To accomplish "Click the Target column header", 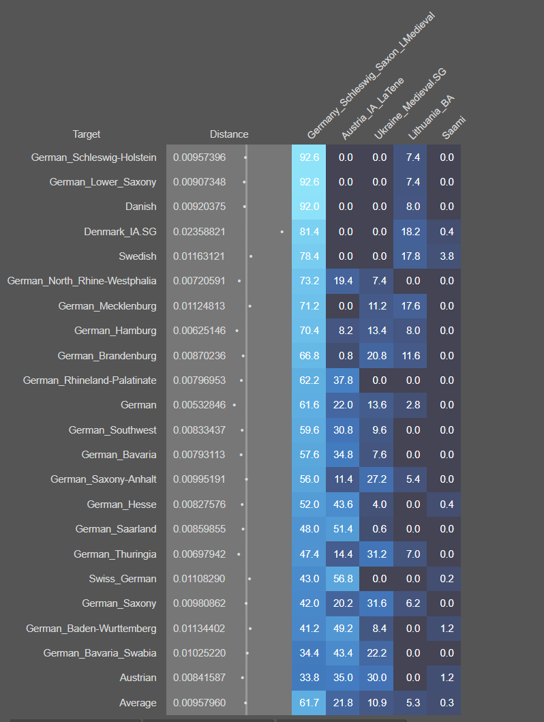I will (87, 134).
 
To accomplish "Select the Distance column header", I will (229, 134).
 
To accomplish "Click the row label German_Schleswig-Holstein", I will (93, 157).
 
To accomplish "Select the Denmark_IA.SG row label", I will (120, 232).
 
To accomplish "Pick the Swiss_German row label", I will (122, 579).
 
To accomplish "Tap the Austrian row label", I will (138, 678).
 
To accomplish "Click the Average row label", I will (138, 703).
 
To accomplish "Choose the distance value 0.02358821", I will (199, 232).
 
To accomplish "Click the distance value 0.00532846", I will (199, 405).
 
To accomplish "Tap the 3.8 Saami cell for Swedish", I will (447, 256).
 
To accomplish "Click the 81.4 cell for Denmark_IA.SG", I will (309, 232).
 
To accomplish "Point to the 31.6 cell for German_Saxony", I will (377, 603).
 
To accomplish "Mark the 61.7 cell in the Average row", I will (309, 703).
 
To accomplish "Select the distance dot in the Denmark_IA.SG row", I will (282, 232).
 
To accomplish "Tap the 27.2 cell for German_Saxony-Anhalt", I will (377, 479).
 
